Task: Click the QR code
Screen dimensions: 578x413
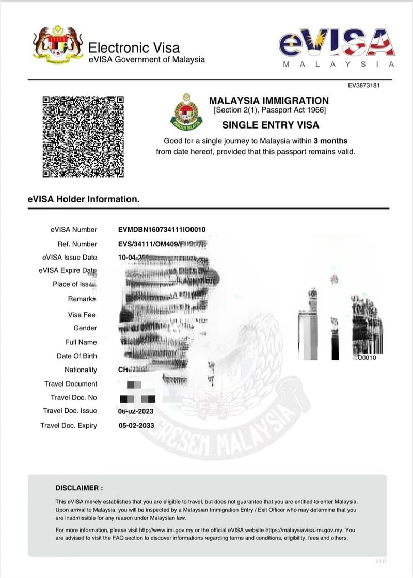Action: pos(83,136)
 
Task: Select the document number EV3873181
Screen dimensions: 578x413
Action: pos(364,85)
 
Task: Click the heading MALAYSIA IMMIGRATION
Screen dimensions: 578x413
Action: pos(268,101)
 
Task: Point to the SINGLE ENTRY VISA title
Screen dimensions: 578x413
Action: pos(271,125)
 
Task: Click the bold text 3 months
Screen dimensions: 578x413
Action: pos(330,141)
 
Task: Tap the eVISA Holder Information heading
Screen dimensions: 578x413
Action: pos(84,199)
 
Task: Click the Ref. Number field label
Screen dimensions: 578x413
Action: pos(77,244)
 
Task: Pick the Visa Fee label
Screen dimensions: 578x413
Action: pos(82,315)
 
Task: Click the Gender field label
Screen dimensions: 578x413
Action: pos(85,328)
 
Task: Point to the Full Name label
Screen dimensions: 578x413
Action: pos(81,342)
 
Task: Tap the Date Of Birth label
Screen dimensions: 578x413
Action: pos(77,356)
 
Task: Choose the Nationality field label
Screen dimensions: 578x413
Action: pos(81,370)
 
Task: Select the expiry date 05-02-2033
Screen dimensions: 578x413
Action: pos(137,426)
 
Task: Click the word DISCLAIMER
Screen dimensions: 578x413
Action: pos(79,488)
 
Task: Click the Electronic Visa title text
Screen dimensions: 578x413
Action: pos(134,48)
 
